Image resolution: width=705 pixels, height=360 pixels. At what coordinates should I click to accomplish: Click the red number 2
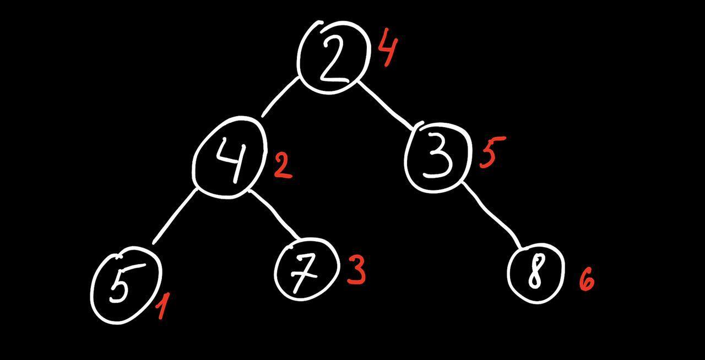click(x=283, y=166)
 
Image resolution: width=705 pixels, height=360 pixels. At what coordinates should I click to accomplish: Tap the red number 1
click(x=162, y=306)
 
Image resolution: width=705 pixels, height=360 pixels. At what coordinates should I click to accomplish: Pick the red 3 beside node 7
click(x=356, y=271)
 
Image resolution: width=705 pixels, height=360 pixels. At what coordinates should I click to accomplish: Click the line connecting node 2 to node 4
click(x=280, y=97)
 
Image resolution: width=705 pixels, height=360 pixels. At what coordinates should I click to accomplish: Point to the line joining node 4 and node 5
click(x=175, y=215)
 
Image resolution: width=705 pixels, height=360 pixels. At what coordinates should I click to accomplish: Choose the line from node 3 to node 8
click(x=492, y=215)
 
